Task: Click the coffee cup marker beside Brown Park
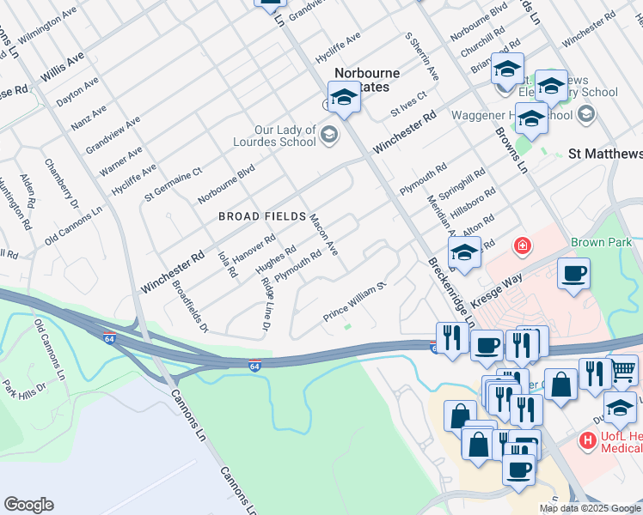pos(573,274)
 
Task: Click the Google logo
pos(28,505)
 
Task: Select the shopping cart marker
pos(623,369)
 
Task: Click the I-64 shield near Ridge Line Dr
pos(254,366)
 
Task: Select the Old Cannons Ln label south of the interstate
pos(50,350)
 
